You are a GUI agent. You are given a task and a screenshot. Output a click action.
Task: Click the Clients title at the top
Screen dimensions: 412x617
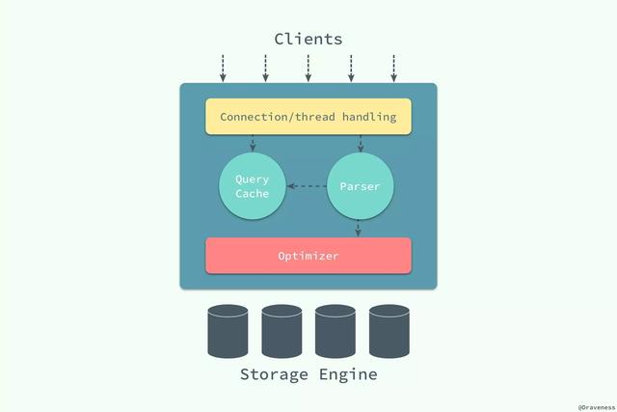coord(308,40)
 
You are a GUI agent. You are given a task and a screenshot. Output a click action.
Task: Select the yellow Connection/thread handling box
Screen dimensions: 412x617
coord(308,117)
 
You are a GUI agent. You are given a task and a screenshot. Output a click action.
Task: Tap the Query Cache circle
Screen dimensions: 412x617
coord(253,186)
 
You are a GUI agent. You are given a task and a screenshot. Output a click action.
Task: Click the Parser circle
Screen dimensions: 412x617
coord(360,186)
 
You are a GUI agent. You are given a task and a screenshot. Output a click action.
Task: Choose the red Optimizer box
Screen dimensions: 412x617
coord(308,256)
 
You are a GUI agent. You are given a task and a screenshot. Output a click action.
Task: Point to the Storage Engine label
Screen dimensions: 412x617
coord(308,374)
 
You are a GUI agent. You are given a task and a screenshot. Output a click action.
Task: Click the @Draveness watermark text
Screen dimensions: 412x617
coord(595,406)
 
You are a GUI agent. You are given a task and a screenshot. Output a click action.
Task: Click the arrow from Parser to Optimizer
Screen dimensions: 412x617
coord(359,229)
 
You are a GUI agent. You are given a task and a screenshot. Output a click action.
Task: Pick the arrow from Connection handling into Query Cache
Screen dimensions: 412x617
coord(253,143)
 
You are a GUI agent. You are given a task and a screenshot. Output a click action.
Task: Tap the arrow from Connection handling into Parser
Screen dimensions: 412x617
coord(360,143)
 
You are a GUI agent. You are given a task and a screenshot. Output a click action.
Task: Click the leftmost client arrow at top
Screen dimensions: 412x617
coord(223,68)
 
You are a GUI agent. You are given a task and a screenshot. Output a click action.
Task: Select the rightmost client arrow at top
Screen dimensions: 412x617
coord(393,68)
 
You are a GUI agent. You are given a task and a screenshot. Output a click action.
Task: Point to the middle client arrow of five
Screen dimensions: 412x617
coord(308,68)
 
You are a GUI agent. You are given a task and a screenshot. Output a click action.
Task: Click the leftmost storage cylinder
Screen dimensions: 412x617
coord(228,331)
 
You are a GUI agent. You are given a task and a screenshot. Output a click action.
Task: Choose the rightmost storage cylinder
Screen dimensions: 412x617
coord(389,331)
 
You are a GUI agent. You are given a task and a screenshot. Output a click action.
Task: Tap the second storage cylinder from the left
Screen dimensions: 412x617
coord(282,331)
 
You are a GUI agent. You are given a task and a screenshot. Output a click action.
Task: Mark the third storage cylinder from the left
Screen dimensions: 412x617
coord(335,331)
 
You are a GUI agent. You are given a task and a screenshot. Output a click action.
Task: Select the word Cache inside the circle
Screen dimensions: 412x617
coord(253,194)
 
